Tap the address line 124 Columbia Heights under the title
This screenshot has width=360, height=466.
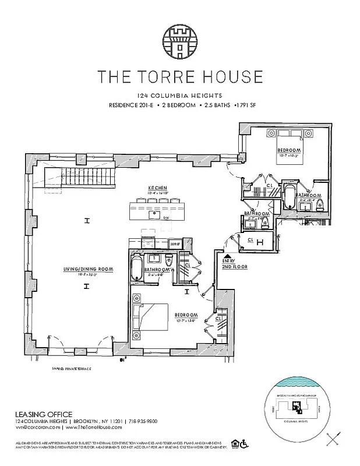click(x=179, y=96)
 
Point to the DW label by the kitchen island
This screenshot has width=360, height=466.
click(x=166, y=219)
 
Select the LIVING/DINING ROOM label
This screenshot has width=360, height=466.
click(x=87, y=269)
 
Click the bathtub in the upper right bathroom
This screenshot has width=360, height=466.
click(x=290, y=196)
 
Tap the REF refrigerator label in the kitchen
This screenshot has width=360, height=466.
click(x=174, y=243)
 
